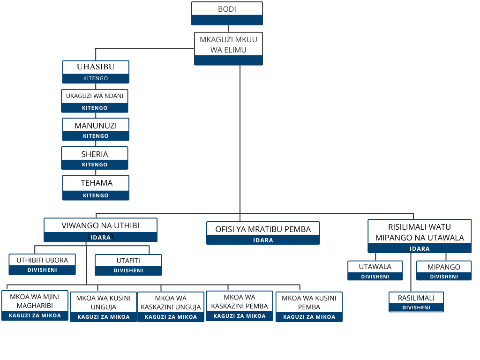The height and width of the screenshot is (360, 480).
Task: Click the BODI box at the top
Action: point(227,13)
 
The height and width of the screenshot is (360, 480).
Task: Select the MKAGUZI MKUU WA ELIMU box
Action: point(228,48)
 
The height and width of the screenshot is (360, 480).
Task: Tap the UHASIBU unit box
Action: point(96,72)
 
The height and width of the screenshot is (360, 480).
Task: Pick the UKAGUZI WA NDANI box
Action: point(95,101)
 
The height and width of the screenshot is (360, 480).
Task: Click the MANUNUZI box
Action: point(96,129)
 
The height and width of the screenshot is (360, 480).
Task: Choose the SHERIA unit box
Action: point(95,158)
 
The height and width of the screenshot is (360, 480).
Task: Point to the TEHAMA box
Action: point(96,187)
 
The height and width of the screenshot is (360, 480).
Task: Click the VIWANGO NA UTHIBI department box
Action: point(100,230)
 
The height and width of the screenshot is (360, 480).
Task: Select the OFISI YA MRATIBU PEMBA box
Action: point(263,233)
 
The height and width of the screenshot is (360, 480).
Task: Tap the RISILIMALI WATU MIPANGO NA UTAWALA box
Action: point(420,236)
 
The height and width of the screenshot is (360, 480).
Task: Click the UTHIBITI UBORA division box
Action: point(42,264)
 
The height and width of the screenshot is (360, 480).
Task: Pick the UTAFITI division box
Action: point(128,265)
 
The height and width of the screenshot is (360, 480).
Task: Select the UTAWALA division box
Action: point(375,270)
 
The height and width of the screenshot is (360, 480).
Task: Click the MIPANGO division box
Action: point(444,270)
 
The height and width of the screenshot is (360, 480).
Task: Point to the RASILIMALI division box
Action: point(416,301)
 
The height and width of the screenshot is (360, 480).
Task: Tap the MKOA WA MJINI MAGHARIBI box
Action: point(35,306)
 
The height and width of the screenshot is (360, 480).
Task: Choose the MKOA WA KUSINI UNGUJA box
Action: point(103,307)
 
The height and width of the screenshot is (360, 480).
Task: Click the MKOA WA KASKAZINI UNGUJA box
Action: point(171,307)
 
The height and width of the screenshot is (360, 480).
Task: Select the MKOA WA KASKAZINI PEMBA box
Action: point(239,306)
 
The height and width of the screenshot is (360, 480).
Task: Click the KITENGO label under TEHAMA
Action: point(96,195)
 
